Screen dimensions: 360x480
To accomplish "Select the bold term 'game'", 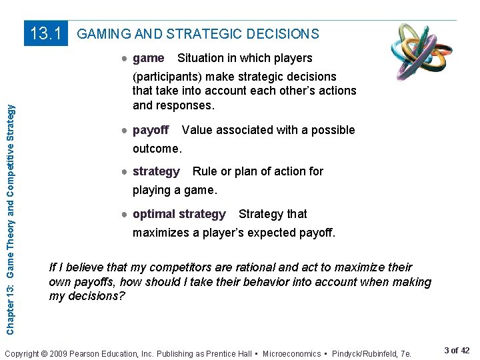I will [149, 58].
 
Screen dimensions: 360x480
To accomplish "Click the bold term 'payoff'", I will [151, 130].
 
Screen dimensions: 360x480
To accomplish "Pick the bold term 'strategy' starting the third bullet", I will [156, 171].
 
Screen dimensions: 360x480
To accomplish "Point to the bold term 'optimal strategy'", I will [179, 214].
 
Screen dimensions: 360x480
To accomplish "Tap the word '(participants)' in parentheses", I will [168, 77].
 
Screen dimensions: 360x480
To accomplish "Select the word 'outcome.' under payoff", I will [157, 148].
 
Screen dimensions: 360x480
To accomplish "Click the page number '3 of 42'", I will [456, 351].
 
